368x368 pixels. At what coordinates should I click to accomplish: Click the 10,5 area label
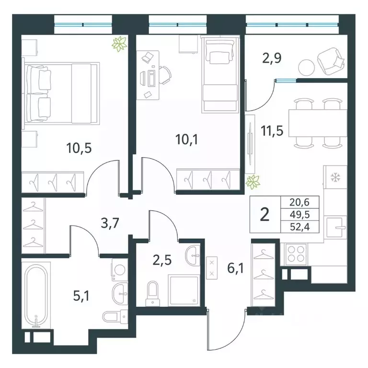(79, 149)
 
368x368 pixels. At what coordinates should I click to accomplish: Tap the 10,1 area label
(186, 140)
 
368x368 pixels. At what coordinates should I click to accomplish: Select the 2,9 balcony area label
(272, 58)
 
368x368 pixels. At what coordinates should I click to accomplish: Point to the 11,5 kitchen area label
(272, 131)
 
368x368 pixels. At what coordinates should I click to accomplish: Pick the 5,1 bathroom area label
(81, 296)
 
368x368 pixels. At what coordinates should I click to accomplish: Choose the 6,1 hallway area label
(235, 268)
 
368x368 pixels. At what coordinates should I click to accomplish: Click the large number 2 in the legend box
(264, 215)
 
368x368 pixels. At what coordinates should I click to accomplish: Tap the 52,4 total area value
(299, 227)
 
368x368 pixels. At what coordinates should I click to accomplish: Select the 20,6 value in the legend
(299, 202)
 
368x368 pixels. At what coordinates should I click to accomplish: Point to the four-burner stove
(296, 254)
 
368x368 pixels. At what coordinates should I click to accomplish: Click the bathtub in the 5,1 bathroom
(36, 296)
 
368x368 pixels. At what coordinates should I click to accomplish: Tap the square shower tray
(184, 291)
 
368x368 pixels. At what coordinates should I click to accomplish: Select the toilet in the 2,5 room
(152, 294)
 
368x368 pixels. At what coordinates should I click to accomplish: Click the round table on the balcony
(306, 68)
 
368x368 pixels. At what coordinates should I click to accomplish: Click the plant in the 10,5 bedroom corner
(120, 44)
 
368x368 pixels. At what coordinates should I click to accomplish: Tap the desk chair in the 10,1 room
(165, 75)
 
